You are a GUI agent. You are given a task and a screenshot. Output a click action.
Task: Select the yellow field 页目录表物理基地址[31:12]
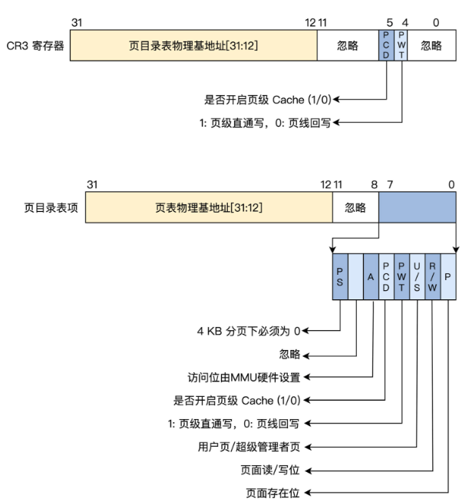[x=194, y=45]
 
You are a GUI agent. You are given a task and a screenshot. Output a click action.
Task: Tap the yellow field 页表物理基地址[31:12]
[x=209, y=207]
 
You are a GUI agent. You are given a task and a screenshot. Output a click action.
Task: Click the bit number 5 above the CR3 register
[x=390, y=23]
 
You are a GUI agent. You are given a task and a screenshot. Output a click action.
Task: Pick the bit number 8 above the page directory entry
[x=374, y=185]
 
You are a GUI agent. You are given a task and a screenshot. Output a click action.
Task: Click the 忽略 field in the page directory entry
[x=355, y=207]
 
